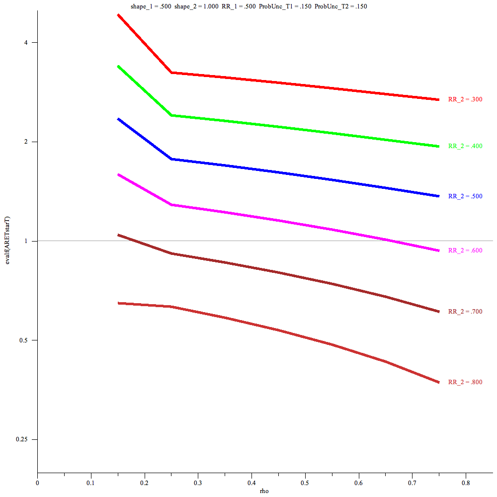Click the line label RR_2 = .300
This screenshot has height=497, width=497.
tap(465, 99)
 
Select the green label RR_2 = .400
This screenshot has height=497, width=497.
tap(465, 146)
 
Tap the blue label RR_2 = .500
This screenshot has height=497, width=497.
tap(465, 196)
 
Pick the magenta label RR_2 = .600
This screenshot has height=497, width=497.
tap(465, 250)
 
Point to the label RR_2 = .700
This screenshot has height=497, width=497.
tap(465, 312)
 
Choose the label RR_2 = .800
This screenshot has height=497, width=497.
tap(465, 382)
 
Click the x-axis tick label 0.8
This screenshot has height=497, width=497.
tap(465, 482)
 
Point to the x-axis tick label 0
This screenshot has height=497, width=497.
tap(37, 482)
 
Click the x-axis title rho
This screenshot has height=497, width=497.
tap(264, 491)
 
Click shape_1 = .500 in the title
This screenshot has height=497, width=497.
tap(147, 6)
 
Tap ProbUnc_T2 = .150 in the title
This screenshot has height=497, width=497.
tap(341, 6)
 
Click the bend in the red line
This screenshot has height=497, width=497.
tap(171, 73)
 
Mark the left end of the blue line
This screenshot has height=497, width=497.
tap(118, 119)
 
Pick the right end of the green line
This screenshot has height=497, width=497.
tap(438, 146)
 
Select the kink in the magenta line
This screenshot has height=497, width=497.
tap(171, 205)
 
